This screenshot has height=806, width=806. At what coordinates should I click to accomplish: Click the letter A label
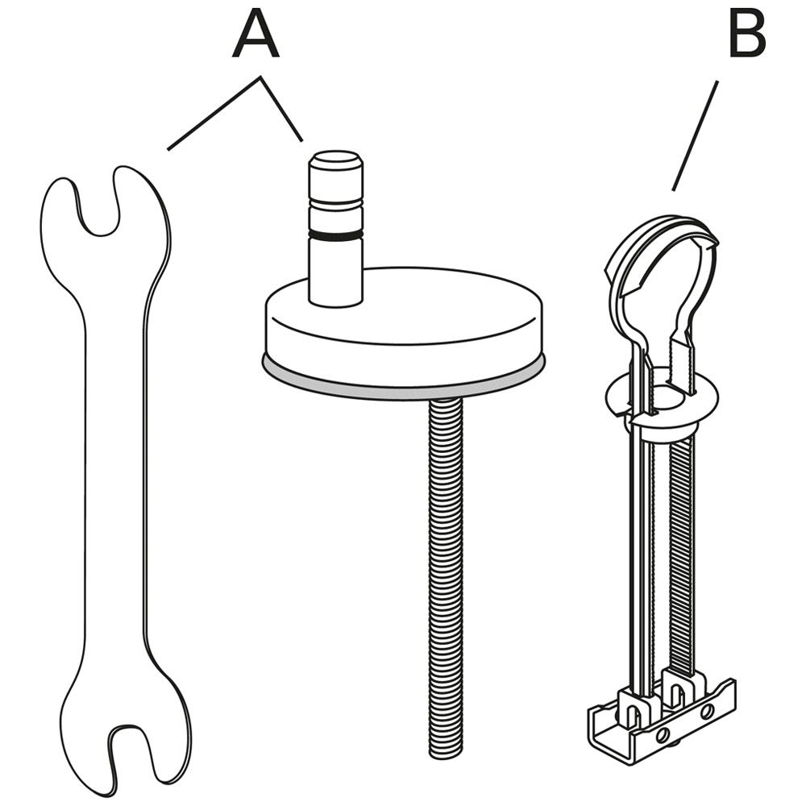(x=256, y=34)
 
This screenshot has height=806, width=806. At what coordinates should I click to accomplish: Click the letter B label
(x=747, y=34)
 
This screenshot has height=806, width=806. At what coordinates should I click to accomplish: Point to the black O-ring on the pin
(x=335, y=235)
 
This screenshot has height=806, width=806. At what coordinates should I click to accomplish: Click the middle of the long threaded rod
(x=445, y=575)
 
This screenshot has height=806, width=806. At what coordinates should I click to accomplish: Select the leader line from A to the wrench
(x=214, y=114)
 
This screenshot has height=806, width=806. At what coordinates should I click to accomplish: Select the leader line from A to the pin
(x=281, y=109)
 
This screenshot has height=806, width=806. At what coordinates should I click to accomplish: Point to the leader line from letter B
(x=695, y=135)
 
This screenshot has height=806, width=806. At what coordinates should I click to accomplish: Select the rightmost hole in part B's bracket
(x=708, y=712)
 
